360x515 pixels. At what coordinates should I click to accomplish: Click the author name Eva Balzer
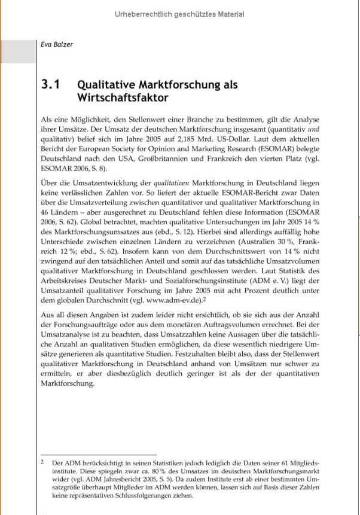click(57, 44)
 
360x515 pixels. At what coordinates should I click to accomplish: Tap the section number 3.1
click(51, 85)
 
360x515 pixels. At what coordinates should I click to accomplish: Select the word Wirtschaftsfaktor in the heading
click(123, 97)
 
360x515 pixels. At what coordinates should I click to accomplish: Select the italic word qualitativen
click(172, 183)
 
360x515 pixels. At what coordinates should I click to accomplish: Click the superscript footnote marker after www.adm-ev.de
click(204, 297)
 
